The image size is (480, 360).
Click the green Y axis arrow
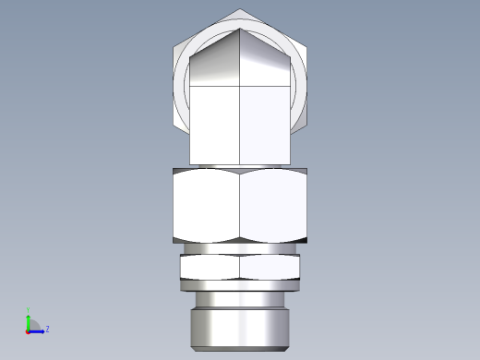point(29,320)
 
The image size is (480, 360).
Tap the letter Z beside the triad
point(47,329)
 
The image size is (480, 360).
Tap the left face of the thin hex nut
point(210,268)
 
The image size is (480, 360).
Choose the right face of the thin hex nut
point(270,268)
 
